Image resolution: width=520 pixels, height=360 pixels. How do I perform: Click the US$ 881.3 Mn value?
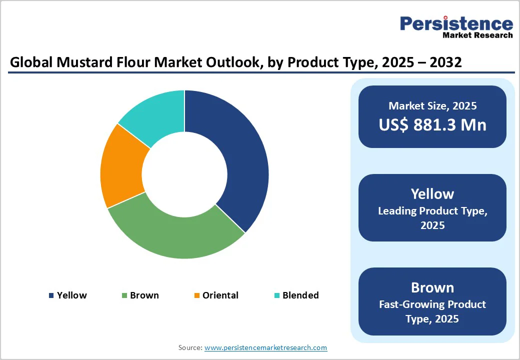tap(432, 124)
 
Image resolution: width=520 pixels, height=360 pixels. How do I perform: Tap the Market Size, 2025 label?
tap(432, 106)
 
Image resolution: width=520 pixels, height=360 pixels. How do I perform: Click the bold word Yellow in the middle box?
tap(432, 194)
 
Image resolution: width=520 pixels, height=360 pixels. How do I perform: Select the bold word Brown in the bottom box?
tap(432, 287)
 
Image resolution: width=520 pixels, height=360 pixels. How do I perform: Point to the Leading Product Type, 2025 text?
tap(432, 218)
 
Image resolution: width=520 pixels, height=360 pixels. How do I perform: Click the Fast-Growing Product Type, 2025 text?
tap(432, 311)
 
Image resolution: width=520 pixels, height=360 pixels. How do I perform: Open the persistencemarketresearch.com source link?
tap(265, 347)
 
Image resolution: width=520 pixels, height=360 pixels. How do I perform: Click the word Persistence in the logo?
tap(456, 23)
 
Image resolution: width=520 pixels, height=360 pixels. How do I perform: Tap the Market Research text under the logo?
tap(477, 35)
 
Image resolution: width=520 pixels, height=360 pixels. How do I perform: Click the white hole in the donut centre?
tap(184, 174)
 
